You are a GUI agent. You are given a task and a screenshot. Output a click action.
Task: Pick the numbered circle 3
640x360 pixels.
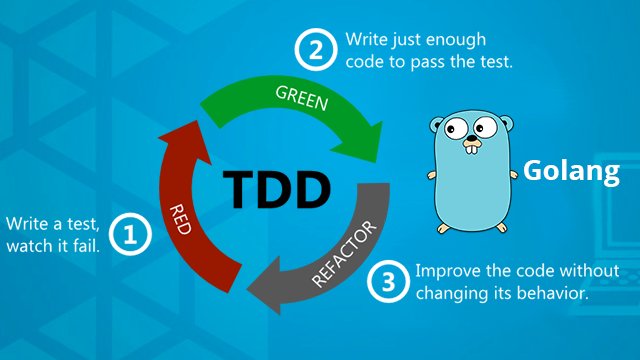point(387,283)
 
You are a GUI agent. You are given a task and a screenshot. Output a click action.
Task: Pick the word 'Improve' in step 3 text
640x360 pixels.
point(444,272)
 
